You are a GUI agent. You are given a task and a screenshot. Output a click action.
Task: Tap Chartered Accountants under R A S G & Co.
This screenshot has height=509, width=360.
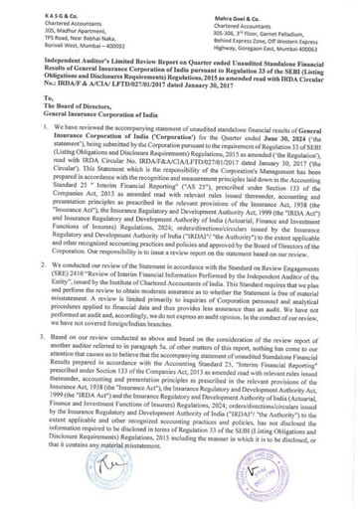(47, 16)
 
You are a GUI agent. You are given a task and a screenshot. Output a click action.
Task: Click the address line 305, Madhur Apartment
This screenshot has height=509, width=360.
(49, 25)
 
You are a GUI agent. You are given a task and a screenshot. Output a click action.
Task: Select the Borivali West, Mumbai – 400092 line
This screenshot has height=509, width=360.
(60, 43)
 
